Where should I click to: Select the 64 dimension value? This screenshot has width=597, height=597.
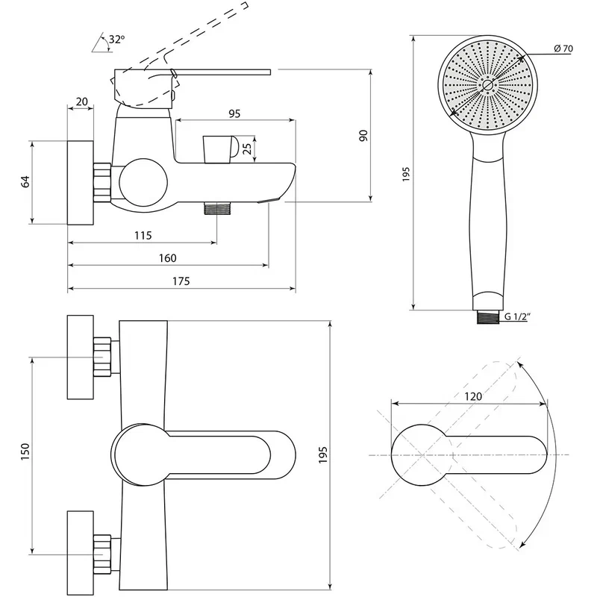point(25,181)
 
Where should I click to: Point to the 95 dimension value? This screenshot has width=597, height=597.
point(234,113)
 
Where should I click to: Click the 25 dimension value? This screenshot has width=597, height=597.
point(257,149)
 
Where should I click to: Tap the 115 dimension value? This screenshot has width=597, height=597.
point(143,235)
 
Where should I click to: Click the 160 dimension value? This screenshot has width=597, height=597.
point(167,257)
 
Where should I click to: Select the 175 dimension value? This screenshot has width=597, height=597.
point(180,281)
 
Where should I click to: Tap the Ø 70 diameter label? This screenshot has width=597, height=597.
point(563,49)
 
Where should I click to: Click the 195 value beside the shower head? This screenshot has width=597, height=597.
point(406,174)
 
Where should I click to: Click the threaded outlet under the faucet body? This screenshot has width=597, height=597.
point(217,209)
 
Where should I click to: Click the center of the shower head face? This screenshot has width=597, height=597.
point(487,86)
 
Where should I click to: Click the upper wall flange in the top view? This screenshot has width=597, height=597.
point(82,358)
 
